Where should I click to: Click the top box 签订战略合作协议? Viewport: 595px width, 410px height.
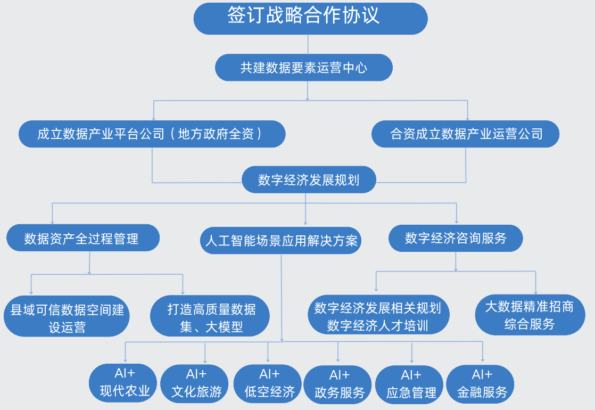coord(310,18)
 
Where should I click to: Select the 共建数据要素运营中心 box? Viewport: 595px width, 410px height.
coord(304,68)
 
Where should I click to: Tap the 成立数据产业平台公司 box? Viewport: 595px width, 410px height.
coord(152,134)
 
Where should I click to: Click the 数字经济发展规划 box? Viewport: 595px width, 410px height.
coord(309,180)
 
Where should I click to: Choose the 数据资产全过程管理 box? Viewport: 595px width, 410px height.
coord(83,238)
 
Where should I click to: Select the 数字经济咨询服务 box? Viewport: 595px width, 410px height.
coord(456,238)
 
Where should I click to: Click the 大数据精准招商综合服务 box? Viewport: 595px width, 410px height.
coord(530,315)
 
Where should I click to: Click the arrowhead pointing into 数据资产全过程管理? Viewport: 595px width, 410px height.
coord(52,221)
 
